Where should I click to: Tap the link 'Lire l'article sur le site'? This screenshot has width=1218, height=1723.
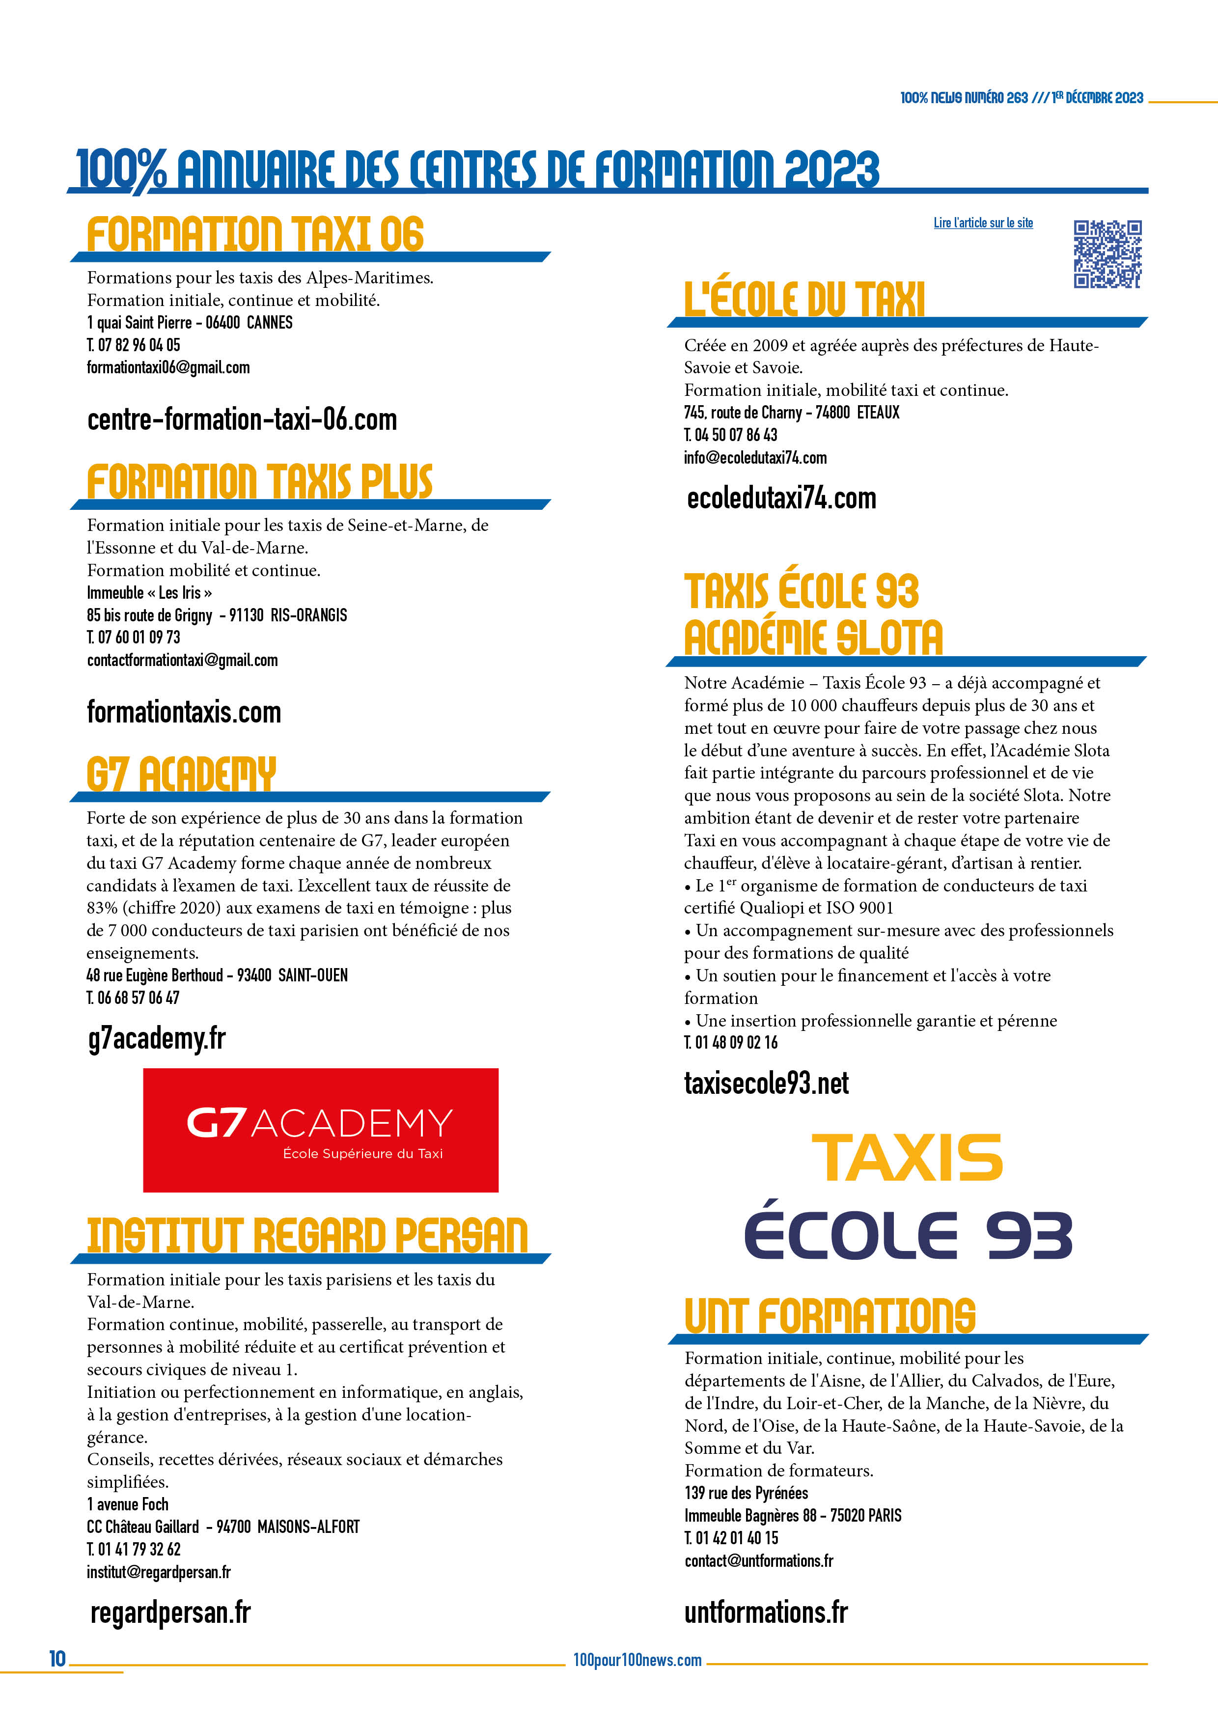[983, 223]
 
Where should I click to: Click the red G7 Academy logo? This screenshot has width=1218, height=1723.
[320, 1129]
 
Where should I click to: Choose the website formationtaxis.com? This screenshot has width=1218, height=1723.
[184, 712]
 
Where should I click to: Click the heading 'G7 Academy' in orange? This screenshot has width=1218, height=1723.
[182, 775]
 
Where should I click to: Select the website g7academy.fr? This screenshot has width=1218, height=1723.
[157, 1039]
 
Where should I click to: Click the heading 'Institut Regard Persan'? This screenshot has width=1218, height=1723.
[307, 1236]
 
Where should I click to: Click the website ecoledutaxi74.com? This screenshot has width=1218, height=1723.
[781, 499]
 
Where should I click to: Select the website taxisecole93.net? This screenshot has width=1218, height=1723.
[766, 1084]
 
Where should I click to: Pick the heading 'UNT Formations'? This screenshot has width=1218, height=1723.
[829, 1315]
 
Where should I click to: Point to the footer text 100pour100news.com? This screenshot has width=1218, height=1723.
[637, 1660]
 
